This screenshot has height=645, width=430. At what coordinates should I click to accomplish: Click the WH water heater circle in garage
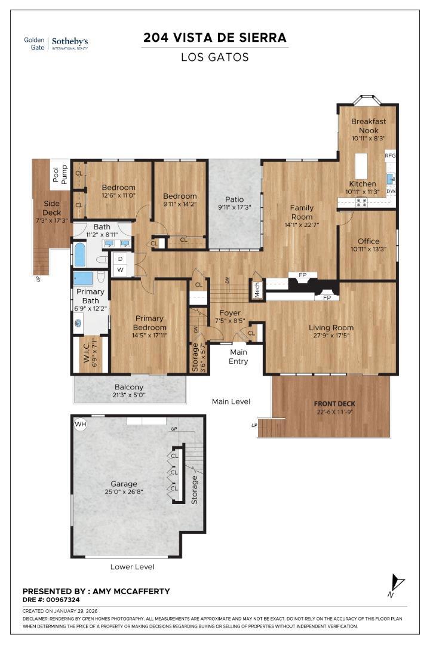pyautogui.click(x=81, y=423)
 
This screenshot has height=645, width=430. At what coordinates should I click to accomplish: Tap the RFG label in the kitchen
pyautogui.click(x=390, y=155)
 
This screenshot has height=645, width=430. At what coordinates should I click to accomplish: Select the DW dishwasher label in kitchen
pyautogui.click(x=391, y=191)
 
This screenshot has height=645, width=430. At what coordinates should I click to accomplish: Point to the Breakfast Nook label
pyautogui.click(x=368, y=125)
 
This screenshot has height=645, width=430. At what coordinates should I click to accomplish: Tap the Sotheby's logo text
pyautogui.click(x=69, y=42)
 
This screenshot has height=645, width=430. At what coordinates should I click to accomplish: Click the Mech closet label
pyautogui.click(x=257, y=290)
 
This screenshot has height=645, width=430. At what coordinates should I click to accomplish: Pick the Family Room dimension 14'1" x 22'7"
pyautogui.click(x=302, y=225)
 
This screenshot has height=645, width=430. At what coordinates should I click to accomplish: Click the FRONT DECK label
pyautogui.click(x=334, y=404)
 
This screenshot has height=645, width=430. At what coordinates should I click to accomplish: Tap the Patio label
pyautogui.click(x=234, y=199)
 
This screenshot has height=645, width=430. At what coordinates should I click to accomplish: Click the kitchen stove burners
pyautogui.click(x=361, y=202)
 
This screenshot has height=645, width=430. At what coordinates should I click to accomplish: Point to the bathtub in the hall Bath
pyautogui.click(x=80, y=254)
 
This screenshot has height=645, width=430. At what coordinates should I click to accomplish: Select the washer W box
pyautogui.click(x=120, y=270)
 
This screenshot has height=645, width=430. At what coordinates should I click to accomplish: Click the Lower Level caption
pyautogui.click(x=132, y=566)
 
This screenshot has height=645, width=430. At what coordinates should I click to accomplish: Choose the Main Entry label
pyautogui.click(x=238, y=357)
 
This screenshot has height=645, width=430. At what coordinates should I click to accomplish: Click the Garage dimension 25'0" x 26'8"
pyautogui.click(x=124, y=492)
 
